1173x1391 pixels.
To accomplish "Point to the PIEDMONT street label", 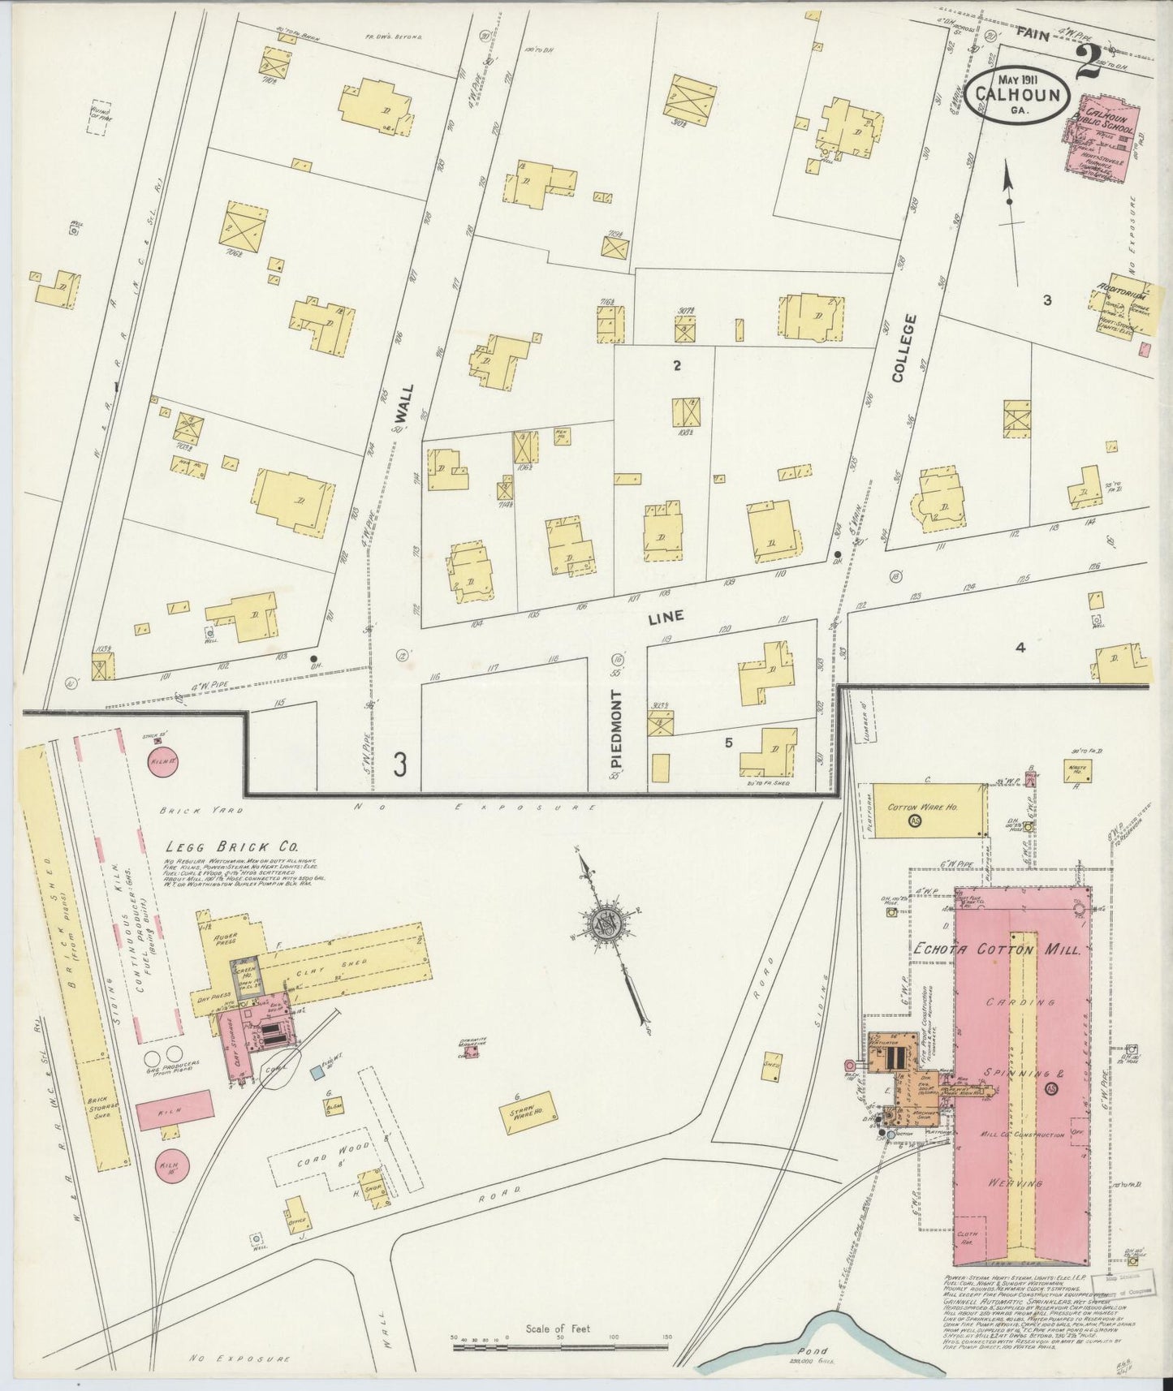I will pos(616,728).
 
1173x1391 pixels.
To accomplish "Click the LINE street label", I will pos(666,617).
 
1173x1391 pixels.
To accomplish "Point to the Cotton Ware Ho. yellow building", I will pos(925,809).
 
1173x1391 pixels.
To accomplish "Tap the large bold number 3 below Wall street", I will pos(400,764).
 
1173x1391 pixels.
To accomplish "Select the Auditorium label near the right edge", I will pos(1120,287).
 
